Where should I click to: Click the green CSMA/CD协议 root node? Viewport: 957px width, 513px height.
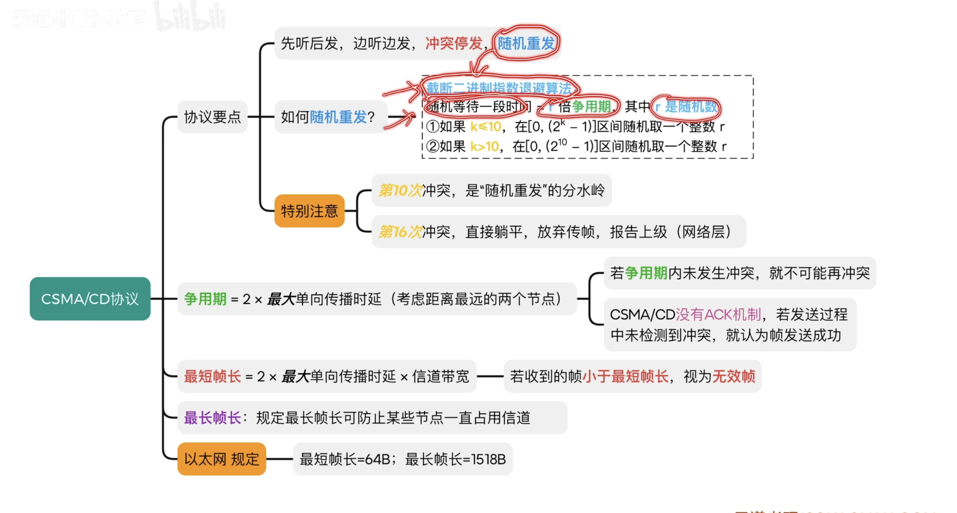[90, 299]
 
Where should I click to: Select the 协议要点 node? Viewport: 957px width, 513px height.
[212, 117]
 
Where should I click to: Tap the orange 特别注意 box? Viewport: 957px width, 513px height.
[309, 211]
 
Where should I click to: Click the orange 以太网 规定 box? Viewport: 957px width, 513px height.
[222, 459]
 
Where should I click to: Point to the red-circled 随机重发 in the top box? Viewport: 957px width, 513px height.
[526, 43]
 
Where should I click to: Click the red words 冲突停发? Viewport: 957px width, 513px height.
[454, 43]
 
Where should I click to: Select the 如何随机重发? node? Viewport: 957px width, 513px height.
[328, 117]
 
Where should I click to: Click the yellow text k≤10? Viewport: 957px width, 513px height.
[486, 126]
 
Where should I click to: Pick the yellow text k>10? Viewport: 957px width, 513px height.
[484, 146]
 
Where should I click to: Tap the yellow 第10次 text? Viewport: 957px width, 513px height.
[400, 191]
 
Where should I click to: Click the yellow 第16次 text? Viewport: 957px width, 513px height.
[400, 232]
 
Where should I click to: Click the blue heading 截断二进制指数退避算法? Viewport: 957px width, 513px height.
[499, 88]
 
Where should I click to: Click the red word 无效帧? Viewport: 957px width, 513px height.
[734, 376]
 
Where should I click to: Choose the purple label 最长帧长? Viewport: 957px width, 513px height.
[212, 418]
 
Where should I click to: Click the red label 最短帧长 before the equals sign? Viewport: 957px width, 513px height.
[212, 376]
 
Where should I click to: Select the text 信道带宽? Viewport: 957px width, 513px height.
[440, 376]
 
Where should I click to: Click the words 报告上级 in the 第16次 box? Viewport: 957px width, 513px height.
[638, 232]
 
